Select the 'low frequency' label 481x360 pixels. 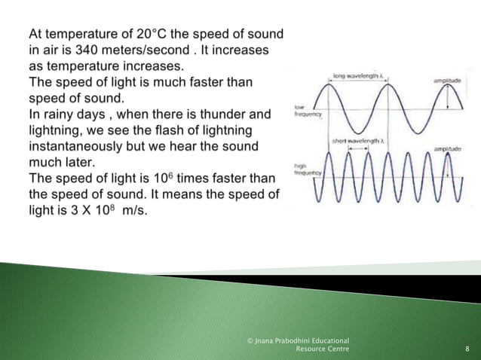pyautogui.click(x=304, y=111)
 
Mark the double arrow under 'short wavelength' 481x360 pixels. pyautogui.click(x=356, y=148)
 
